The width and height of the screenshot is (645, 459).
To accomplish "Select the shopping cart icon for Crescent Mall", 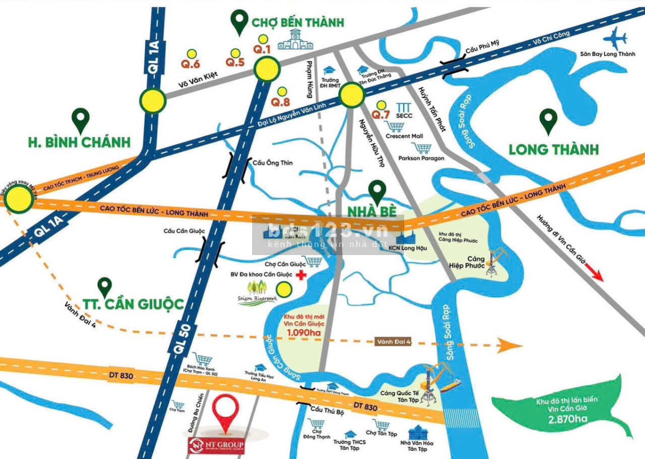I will point(396,126).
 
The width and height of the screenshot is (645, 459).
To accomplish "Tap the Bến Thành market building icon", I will point(295,40).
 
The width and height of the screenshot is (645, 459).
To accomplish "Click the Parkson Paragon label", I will point(421,158).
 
